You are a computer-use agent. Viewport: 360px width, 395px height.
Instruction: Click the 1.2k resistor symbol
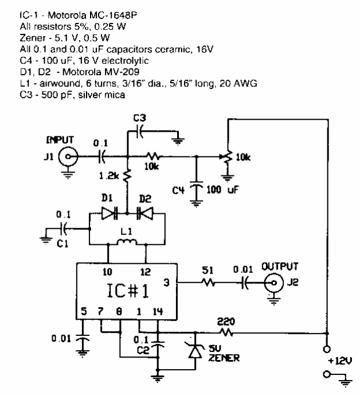point(127,175)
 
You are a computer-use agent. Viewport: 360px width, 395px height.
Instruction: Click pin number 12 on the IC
point(148,271)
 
